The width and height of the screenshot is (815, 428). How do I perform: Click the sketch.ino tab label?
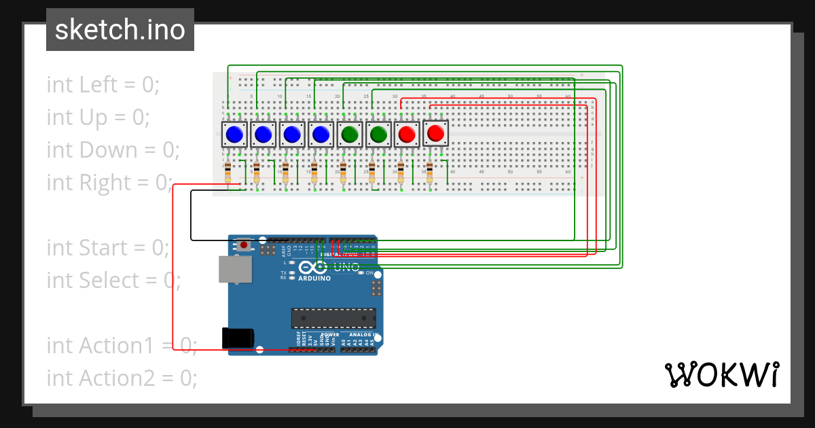120,30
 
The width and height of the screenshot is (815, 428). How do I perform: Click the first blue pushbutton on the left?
234,135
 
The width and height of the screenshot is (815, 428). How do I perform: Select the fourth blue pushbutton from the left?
321,135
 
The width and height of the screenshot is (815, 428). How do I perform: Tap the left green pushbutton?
349,135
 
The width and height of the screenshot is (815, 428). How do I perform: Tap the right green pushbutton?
378,135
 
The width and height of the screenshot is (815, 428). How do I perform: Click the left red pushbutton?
407,135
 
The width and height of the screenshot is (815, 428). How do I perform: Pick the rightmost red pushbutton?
435,133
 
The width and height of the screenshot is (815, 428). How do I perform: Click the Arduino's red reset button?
244,244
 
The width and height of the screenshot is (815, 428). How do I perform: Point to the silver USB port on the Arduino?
235,269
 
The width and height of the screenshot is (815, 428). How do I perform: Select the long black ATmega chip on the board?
333,318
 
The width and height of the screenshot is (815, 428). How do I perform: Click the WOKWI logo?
721,374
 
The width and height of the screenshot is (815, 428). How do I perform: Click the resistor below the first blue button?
228,173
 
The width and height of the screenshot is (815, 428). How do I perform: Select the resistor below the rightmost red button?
429,173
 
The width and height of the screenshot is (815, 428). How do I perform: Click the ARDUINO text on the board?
314,279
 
